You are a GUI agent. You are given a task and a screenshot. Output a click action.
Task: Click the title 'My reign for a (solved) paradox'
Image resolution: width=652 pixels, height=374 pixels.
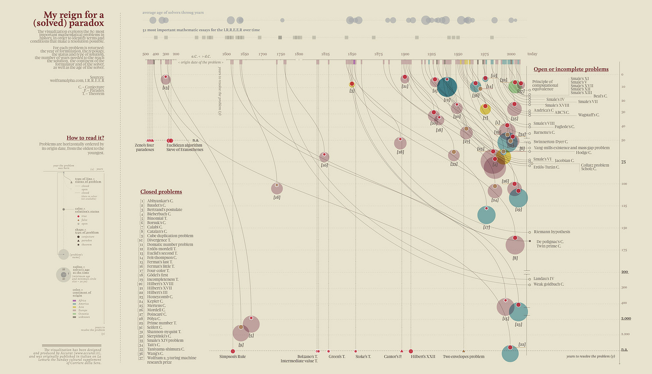(x=68, y=19)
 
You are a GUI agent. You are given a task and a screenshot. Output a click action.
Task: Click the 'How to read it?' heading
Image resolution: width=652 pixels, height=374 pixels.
(x=85, y=138)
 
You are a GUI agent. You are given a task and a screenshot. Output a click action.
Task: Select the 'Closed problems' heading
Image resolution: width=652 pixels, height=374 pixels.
(x=161, y=192)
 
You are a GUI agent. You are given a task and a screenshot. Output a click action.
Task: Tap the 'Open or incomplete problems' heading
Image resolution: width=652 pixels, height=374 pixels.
(x=571, y=69)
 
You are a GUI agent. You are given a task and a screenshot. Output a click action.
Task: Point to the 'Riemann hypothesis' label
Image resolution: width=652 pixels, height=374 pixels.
(x=552, y=232)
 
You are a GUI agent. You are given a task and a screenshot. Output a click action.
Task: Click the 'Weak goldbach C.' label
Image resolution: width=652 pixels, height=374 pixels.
(x=548, y=284)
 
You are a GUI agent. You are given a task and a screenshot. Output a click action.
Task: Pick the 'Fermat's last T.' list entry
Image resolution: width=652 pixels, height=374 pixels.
(x=159, y=262)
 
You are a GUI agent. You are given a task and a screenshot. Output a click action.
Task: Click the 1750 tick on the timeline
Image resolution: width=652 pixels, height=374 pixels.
(x=281, y=54)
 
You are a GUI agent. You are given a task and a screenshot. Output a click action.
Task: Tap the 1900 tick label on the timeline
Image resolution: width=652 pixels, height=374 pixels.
(x=405, y=54)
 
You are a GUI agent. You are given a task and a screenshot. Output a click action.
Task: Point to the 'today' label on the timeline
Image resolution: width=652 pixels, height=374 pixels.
(x=532, y=54)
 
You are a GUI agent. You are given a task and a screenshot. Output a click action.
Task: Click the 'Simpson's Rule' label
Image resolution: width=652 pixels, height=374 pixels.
(x=232, y=356)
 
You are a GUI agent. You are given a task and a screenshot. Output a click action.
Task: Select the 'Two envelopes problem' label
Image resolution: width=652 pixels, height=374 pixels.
(x=463, y=356)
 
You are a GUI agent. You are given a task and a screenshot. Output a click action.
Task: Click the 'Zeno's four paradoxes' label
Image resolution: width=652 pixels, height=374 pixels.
(x=145, y=147)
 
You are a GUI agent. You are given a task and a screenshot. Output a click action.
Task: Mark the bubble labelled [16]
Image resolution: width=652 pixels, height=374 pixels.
(x=277, y=188)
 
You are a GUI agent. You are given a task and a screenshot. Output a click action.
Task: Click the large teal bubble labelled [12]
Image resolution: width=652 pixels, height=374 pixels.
(x=447, y=87)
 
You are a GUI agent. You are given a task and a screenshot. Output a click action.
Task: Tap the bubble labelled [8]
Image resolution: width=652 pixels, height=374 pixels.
(x=515, y=245)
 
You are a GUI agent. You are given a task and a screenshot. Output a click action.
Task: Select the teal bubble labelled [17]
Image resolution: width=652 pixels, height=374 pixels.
(x=486, y=215)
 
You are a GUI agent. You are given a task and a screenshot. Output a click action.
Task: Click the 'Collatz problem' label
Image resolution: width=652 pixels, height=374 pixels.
(x=595, y=165)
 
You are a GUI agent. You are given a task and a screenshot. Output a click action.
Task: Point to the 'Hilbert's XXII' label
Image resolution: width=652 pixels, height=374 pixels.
(x=423, y=356)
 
